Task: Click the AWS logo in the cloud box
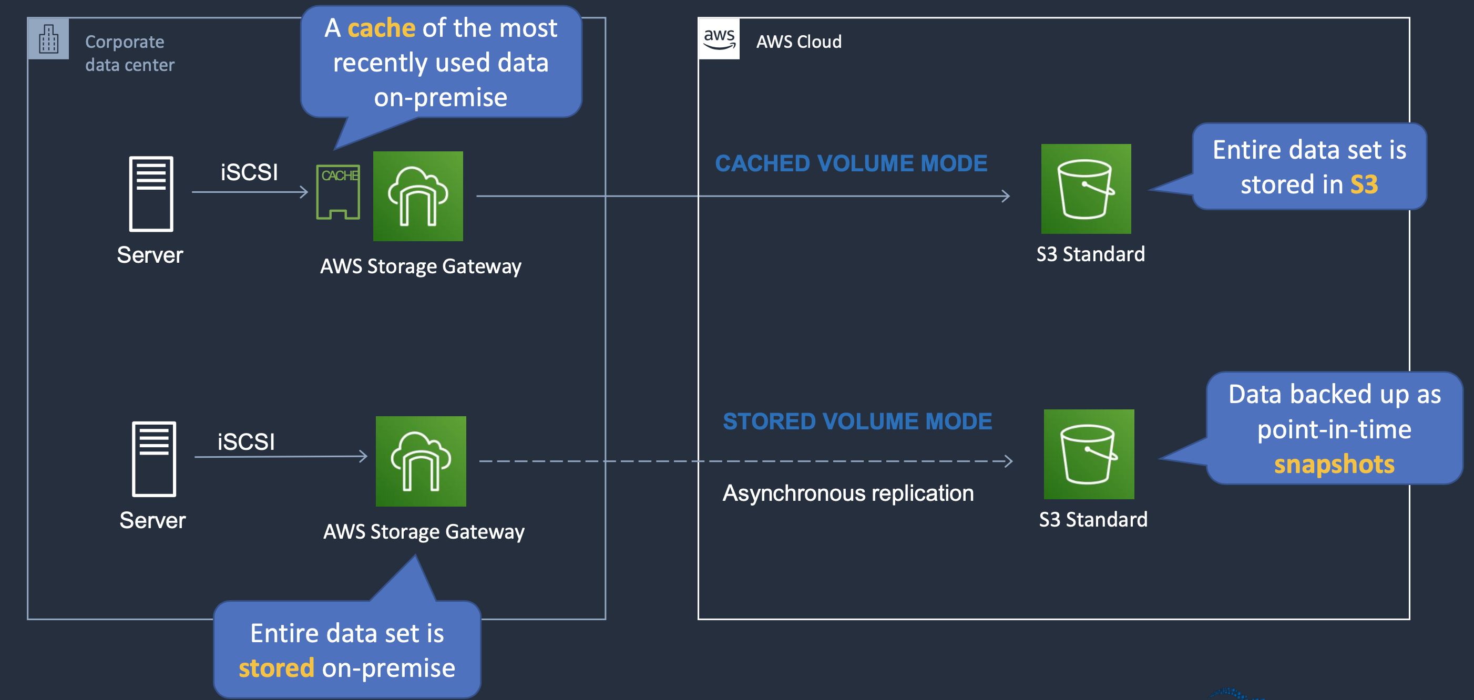coord(719,39)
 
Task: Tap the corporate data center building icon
coord(49,39)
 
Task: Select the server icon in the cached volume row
coord(151,194)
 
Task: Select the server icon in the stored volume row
coord(154,459)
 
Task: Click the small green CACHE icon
coord(338,192)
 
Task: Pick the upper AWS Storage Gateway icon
coord(418,196)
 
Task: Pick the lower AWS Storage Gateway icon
coord(421,461)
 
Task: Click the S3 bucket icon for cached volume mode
coord(1086,189)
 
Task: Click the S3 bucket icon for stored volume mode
coord(1088,454)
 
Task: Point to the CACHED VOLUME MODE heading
coord(851,163)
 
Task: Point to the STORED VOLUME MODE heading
coord(857,421)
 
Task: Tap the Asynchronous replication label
coord(848,493)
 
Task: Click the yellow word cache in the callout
coord(381,28)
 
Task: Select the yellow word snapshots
coord(1334,465)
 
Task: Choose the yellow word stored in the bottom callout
coord(277,668)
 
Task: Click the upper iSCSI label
coord(249,172)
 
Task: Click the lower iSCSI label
coord(246,441)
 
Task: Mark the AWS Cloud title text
coord(799,42)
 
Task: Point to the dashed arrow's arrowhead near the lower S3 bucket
coord(1008,461)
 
